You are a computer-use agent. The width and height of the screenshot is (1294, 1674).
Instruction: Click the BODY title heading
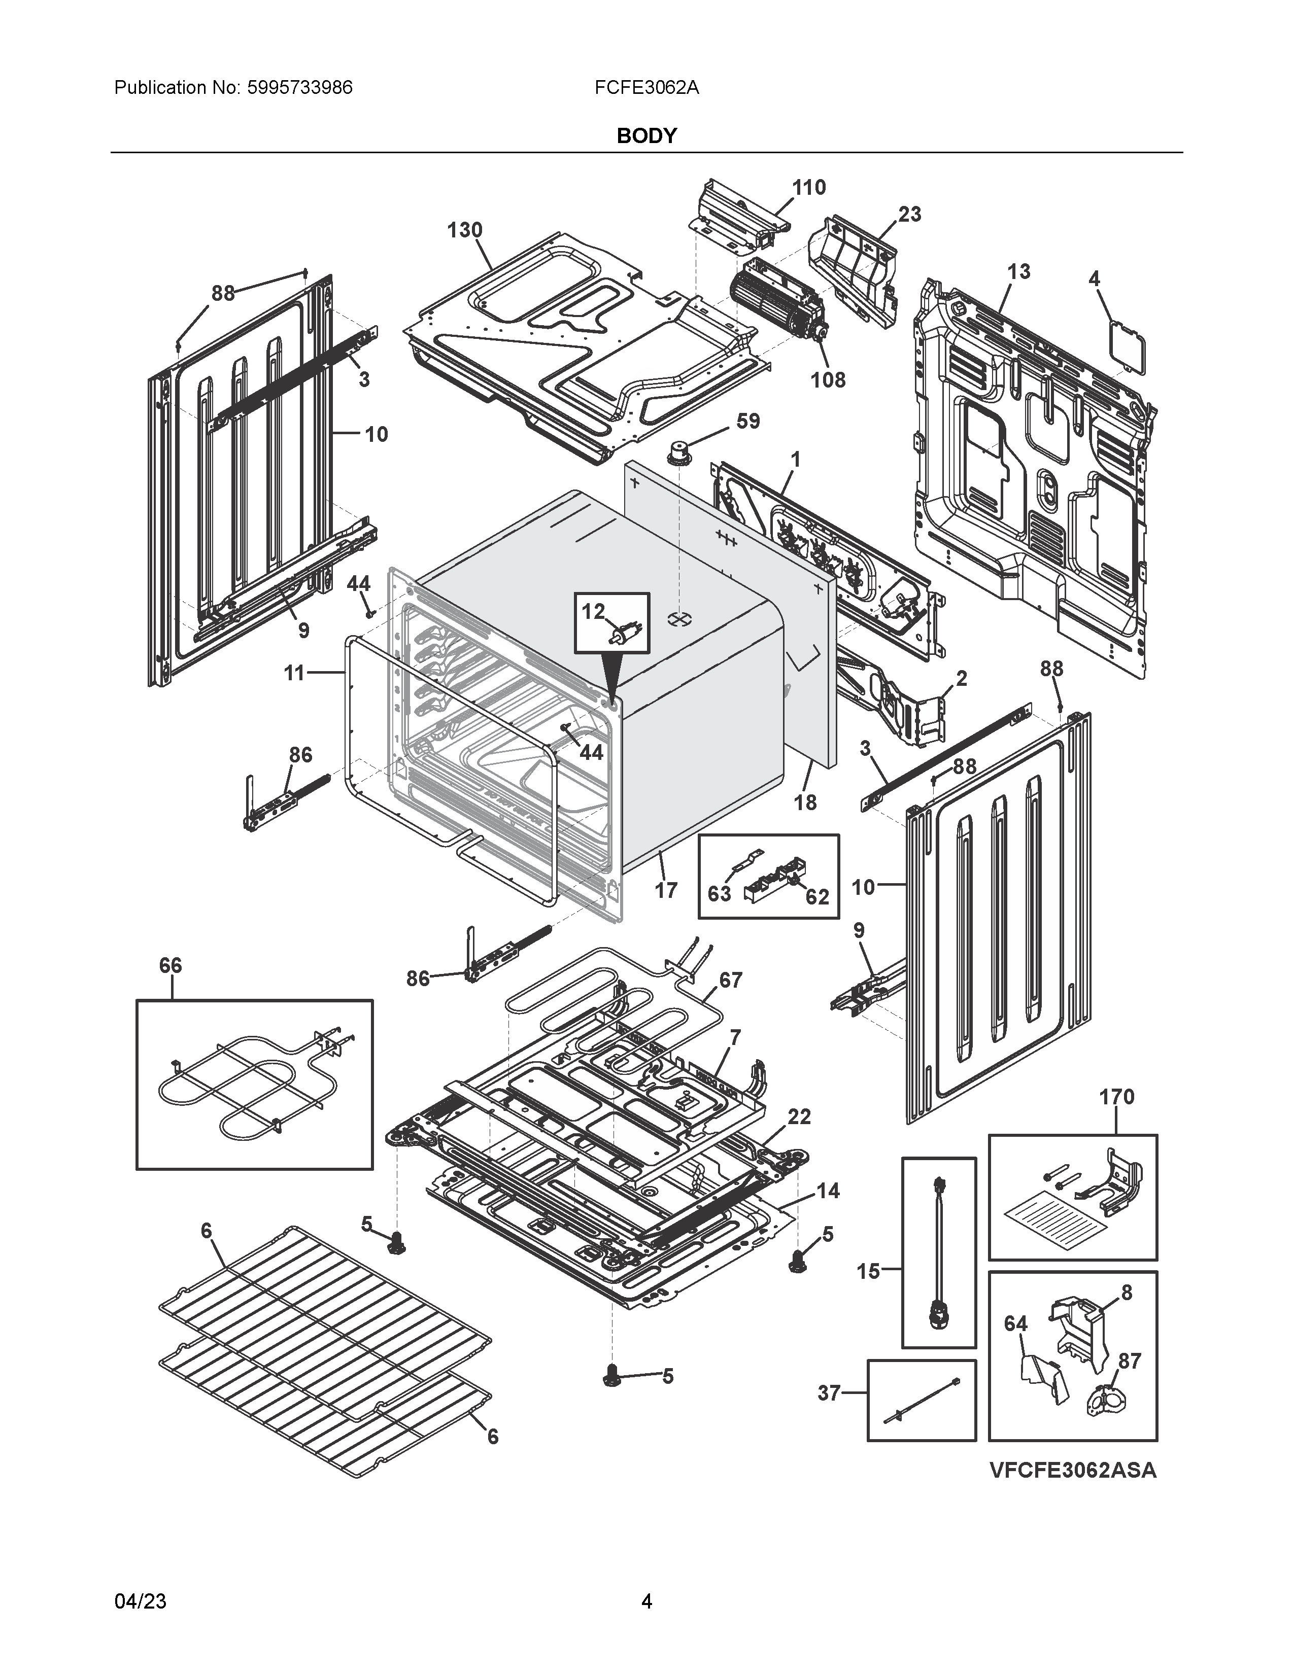pos(646,135)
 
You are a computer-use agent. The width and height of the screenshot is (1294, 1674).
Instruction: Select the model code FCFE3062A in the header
pos(646,87)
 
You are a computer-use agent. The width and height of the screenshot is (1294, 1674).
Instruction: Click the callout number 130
pos(464,230)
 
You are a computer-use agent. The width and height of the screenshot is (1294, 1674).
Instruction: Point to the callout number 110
pos(809,187)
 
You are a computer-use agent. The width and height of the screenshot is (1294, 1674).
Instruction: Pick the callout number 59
pos(747,421)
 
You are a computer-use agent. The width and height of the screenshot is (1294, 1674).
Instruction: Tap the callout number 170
pos(1116,1097)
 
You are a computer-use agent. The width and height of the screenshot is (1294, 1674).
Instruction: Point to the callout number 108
pos(828,379)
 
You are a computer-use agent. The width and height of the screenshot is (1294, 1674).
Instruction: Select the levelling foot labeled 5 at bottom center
pos(612,1376)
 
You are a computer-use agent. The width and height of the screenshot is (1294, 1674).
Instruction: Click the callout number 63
pos(719,894)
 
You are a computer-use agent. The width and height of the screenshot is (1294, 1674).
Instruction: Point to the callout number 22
pos(799,1117)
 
